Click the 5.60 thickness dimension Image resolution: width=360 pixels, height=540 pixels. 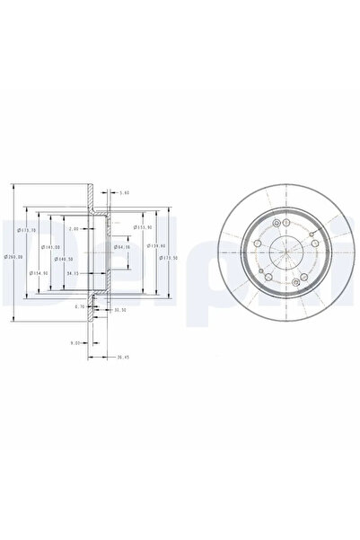click(x=125, y=191)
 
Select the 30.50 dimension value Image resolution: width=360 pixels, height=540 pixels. click(x=119, y=311)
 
